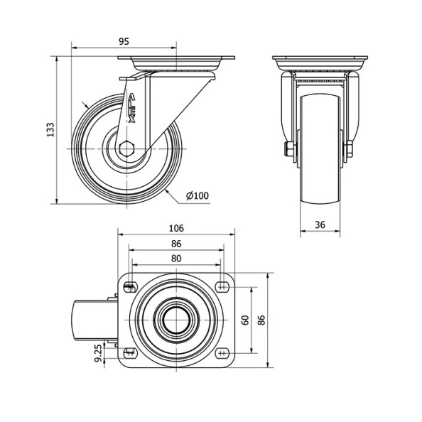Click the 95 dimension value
124,41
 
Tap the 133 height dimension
50,130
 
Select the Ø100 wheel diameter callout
198,195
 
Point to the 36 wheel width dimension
320,224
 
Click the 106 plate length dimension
176,228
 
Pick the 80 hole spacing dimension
176,259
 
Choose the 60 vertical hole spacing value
246,320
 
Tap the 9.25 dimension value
99,353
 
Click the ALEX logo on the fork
132,108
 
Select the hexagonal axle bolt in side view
126,148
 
